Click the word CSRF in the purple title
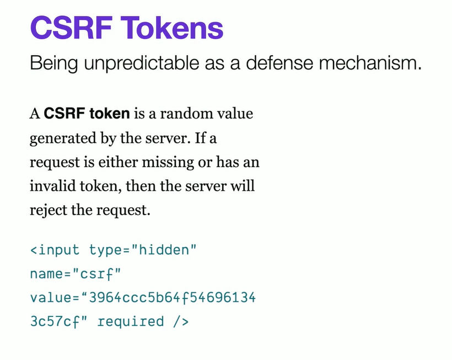point(71,28)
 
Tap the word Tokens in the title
point(172,28)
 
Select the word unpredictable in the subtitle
point(142,63)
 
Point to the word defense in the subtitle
point(279,62)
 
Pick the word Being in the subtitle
point(54,63)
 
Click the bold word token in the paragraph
point(110,113)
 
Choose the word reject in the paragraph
point(48,210)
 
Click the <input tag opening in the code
point(55,250)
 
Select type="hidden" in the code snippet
point(143,250)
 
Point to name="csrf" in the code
point(76,274)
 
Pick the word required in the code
point(131,322)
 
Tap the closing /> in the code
point(181,321)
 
